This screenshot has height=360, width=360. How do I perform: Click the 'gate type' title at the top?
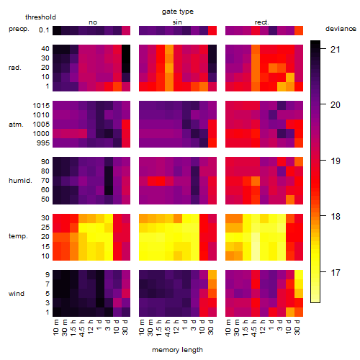178,12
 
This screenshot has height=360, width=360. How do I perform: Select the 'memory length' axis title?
177,350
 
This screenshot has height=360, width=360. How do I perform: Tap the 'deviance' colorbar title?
341,29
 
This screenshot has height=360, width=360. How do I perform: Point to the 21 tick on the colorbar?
336,49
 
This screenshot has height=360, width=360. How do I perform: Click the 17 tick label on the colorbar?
336,272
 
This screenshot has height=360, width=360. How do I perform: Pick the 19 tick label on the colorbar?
336,161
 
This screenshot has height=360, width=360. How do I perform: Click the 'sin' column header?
177,22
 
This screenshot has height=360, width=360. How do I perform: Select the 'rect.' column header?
261,22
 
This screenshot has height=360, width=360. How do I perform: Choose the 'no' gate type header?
93,22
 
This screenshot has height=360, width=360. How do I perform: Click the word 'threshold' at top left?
40,17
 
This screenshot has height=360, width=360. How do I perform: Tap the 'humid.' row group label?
20,181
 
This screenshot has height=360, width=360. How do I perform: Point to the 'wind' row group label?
17,294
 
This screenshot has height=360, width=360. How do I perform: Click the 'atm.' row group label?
16,125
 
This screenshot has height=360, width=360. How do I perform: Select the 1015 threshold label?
41,105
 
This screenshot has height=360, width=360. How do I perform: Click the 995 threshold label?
43,143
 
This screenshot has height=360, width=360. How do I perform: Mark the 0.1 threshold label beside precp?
44,30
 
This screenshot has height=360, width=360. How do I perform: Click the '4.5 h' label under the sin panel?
168,328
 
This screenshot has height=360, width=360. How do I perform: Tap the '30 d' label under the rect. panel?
297,327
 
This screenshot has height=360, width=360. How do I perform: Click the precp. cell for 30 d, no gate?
126,30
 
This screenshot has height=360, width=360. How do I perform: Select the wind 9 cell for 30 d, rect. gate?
299,274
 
